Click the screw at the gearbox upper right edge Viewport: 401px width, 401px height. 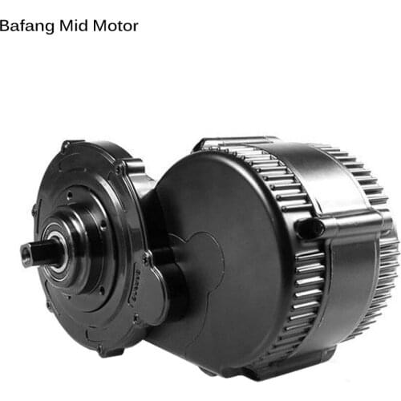tap(119, 169)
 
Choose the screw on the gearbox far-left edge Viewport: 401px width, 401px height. tap(34, 212)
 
